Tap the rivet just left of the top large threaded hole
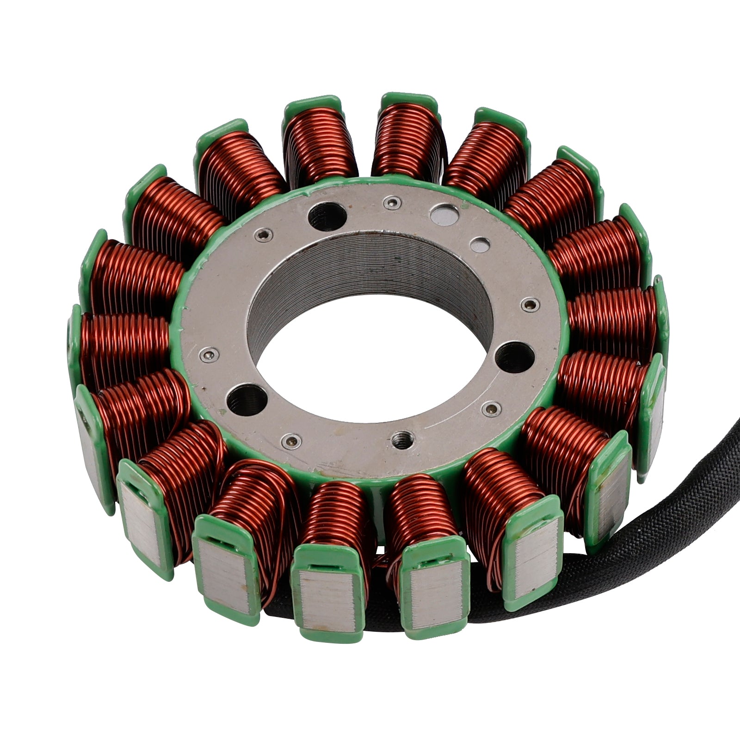pyautogui.click(x=264, y=236)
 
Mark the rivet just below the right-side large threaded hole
pyautogui.click(x=490, y=408)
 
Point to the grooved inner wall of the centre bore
pyautogui.click(x=370, y=268)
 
